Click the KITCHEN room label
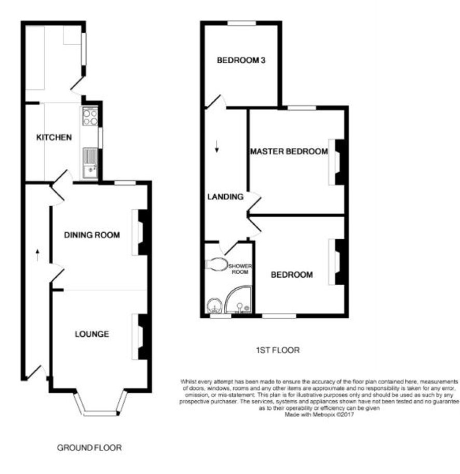54,138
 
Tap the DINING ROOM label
92,235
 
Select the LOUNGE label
92,334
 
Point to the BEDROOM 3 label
241,60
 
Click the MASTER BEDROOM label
289,151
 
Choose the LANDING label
225,197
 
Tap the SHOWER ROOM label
240,269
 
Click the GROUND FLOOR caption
89,448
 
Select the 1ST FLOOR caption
278,350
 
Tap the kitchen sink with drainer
90,163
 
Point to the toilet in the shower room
217,264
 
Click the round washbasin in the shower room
214,306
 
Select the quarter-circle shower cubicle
238,299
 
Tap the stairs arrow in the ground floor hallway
37,255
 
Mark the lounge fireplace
141,337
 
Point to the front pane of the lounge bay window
100,413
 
